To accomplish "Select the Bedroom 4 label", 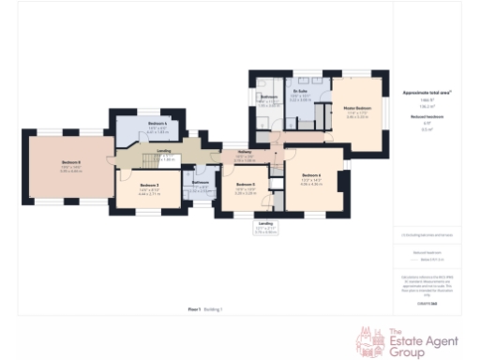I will [157, 124].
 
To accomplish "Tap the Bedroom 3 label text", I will [149, 186].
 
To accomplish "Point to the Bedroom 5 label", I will [245, 185].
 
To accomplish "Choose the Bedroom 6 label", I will [311, 175].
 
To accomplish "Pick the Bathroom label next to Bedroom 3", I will [200, 182].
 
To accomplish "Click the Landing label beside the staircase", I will [163, 151].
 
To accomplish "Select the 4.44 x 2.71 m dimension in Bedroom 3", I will [149, 195].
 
